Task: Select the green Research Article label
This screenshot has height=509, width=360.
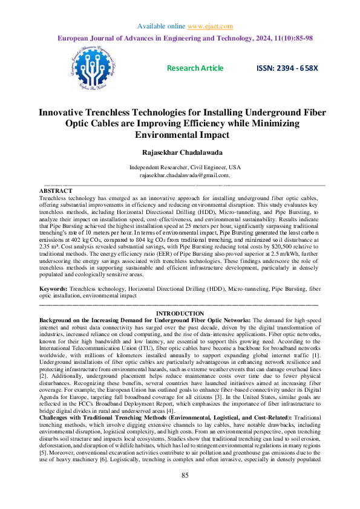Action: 195,68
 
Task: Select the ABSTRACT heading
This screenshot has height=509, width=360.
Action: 56,190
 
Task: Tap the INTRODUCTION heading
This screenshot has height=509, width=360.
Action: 180,313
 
